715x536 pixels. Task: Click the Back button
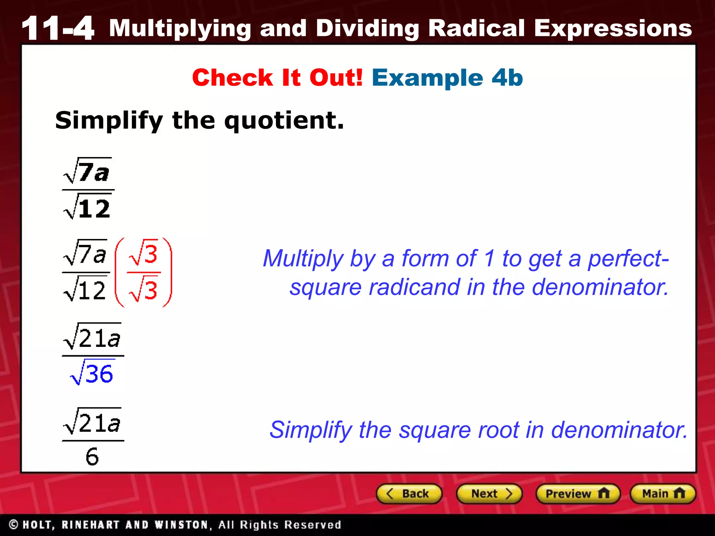[x=409, y=494]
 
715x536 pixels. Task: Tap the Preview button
[x=577, y=494]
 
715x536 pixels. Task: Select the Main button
[x=663, y=494]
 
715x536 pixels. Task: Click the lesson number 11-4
[x=58, y=28]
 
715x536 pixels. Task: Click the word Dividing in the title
[x=368, y=29]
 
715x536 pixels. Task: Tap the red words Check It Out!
[x=278, y=77]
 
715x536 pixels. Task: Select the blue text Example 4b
[x=447, y=77]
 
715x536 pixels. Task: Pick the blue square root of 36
[x=92, y=373]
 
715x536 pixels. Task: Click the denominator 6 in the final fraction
[x=92, y=456]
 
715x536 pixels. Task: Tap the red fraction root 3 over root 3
[x=143, y=272]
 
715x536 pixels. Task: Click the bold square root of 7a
[x=87, y=171]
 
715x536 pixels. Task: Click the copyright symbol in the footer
[x=14, y=524]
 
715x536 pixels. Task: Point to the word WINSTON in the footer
[x=181, y=524]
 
